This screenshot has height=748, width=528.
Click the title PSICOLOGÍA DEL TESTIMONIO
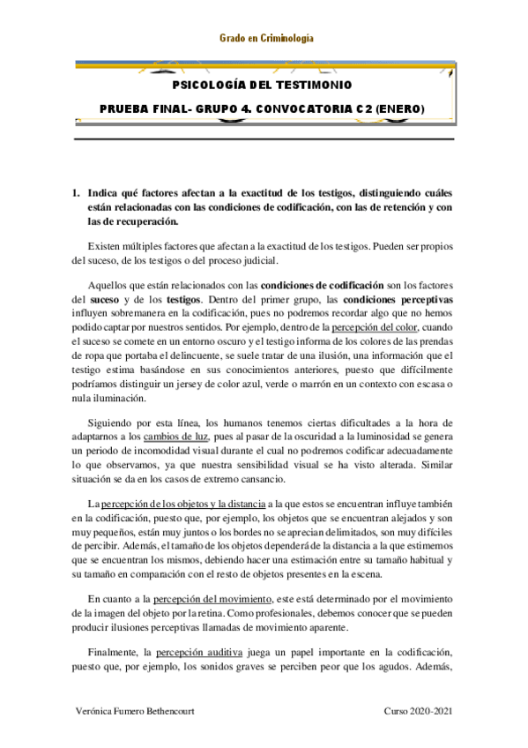click(264, 86)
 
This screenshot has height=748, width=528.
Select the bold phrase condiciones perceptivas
click(401, 301)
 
